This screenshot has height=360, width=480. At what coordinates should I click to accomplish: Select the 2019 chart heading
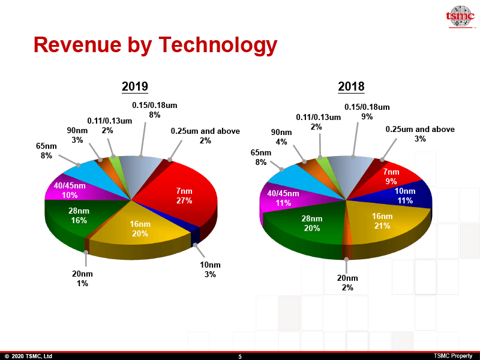pos(135,86)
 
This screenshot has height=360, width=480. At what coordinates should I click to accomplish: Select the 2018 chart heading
pos(351,86)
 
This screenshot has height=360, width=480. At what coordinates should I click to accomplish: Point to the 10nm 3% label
pos(210,269)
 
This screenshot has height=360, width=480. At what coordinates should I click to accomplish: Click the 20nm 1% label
pos(82,278)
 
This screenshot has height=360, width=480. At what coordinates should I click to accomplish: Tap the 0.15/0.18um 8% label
pos(154,110)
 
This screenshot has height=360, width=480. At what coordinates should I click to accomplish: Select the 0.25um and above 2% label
pos(205,136)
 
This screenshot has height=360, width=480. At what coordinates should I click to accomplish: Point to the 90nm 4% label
pos(281,137)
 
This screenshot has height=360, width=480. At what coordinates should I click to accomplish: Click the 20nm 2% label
pos(347,283)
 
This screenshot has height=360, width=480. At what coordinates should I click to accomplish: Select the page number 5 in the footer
pos(240,356)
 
